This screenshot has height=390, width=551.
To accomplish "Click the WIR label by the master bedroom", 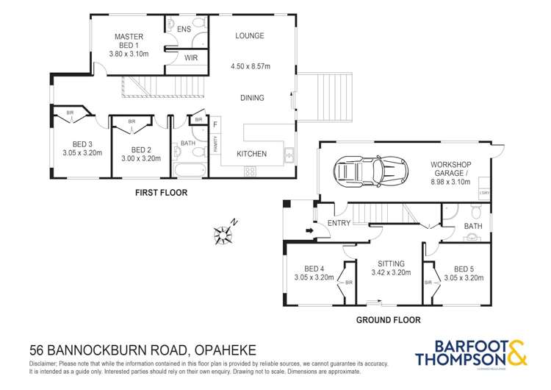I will pyautogui.click(x=191, y=57).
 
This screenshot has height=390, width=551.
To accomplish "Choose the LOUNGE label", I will pyautogui.click(x=249, y=36).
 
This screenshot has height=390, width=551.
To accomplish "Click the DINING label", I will pyautogui.click(x=252, y=98).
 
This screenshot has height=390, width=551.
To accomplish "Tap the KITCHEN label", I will pyautogui.click(x=251, y=154).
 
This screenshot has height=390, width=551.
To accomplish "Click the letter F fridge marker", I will pyautogui.click(x=215, y=125).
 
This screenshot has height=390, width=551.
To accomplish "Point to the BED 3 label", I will pyautogui.click(x=82, y=144).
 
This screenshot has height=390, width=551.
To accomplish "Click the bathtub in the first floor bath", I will pyautogui.click(x=190, y=171).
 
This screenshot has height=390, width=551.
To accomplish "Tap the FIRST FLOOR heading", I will pyautogui.click(x=161, y=193).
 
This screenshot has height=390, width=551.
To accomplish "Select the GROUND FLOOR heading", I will pyautogui.click(x=388, y=320).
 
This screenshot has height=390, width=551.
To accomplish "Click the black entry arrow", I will pyautogui.click(x=309, y=231).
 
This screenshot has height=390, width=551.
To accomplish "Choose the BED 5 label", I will pyautogui.click(x=464, y=269).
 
